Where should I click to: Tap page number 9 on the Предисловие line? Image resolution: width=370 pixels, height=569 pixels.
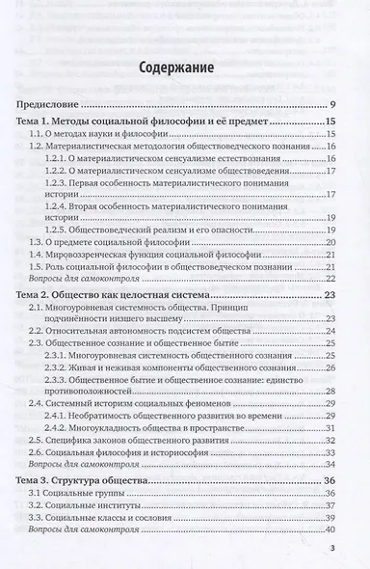(331, 103)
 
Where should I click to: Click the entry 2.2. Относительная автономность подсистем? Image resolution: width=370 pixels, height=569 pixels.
(144, 333)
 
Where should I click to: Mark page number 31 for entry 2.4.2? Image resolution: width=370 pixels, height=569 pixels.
(330, 428)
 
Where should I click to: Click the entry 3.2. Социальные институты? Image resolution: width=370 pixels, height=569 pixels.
(92, 508)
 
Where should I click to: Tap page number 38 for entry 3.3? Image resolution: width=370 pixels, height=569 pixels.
(330, 521)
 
